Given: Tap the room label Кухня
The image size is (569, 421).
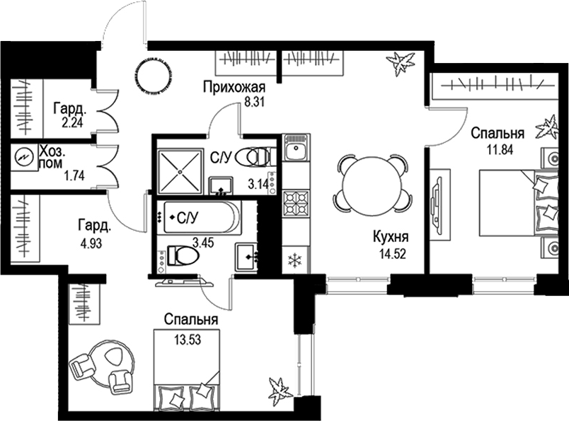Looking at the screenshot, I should coord(391,237).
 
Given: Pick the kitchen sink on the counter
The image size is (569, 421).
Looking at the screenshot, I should coord(294,149).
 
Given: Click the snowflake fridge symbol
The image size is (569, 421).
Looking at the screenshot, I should coord(294,260).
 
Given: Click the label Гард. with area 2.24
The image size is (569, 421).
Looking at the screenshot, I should coord(70,110).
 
